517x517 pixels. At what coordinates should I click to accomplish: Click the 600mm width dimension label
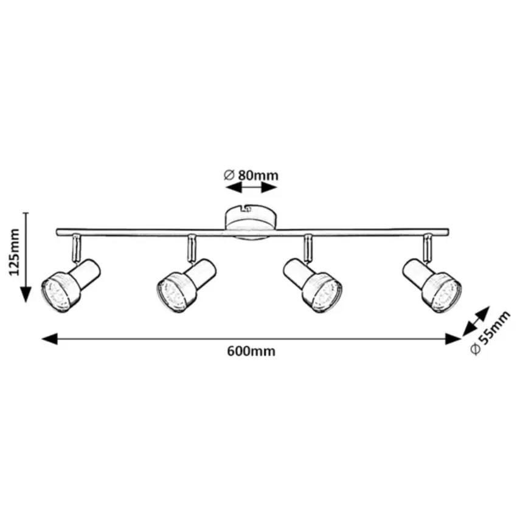(251, 352)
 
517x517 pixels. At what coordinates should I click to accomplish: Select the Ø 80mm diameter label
(251, 175)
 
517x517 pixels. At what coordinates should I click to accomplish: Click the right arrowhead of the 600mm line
(453, 339)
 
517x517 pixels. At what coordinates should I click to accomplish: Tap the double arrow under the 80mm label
(251, 188)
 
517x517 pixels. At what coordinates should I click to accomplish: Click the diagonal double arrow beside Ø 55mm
(476, 321)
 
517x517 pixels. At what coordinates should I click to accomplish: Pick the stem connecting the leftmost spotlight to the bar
(75, 246)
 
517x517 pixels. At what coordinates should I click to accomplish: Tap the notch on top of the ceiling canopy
(248, 209)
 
